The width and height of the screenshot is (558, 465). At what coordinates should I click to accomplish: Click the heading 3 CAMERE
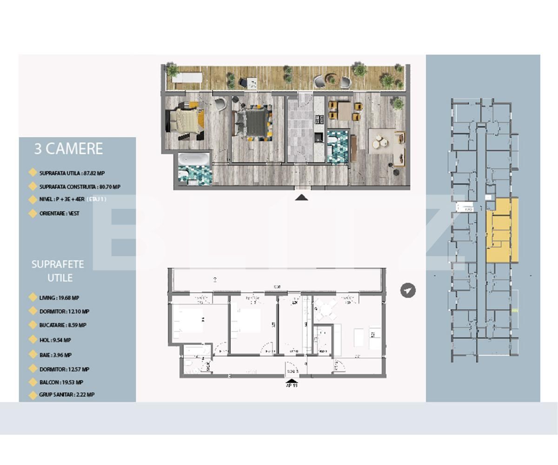[x=68, y=149]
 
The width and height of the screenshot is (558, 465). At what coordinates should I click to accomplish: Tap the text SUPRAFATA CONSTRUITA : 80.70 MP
[x=80, y=187]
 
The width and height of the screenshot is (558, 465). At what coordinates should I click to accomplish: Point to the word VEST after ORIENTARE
[x=73, y=213]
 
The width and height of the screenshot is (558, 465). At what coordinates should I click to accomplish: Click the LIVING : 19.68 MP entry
[x=59, y=298]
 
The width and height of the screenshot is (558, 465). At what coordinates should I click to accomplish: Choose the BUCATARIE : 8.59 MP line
[x=63, y=325]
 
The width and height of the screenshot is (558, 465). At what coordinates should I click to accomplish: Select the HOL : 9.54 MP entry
[x=55, y=340]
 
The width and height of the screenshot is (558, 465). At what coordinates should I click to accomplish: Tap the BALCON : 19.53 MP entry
[x=61, y=382]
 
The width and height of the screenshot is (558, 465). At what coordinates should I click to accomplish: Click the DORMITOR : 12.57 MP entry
[x=64, y=369]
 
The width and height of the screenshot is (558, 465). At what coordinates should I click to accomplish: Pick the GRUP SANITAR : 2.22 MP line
[x=66, y=394]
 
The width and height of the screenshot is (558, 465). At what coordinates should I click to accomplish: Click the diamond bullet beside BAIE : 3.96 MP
[x=33, y=354]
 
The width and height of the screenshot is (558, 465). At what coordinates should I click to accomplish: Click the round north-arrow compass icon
[x=408, y=291]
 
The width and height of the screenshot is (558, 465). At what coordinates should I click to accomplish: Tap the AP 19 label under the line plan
[x=292, y=385]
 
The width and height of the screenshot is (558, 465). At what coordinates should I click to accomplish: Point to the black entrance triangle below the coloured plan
[x=302, y=198]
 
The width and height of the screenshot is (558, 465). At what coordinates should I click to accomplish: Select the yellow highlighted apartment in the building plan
[x=502, y=230]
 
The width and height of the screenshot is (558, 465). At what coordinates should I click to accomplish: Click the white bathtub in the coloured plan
[x=193, y=159]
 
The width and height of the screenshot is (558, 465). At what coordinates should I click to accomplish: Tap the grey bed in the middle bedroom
[x=252, y=121]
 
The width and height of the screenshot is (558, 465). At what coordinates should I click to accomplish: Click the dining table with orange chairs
[x=345, y=111]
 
